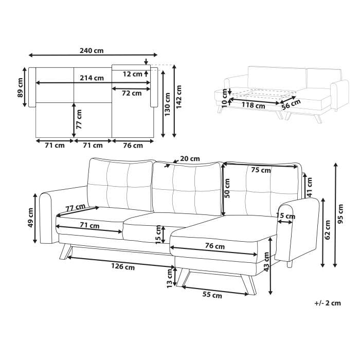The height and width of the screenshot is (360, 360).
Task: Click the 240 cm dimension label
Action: pos(92,50)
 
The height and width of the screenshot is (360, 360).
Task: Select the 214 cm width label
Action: pos(92,78)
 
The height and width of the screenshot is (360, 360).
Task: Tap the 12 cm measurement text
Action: pos(132,74)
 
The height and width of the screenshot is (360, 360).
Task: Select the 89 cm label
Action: pos(21,87)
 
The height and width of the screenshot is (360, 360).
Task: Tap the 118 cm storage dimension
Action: pos(253,106)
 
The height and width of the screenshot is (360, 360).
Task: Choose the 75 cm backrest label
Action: pos(261,170)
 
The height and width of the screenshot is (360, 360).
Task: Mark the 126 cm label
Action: pos(122,267)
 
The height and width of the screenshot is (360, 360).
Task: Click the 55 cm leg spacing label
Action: pos(211,295)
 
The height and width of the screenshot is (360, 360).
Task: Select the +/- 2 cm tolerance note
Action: pos(327,303)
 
